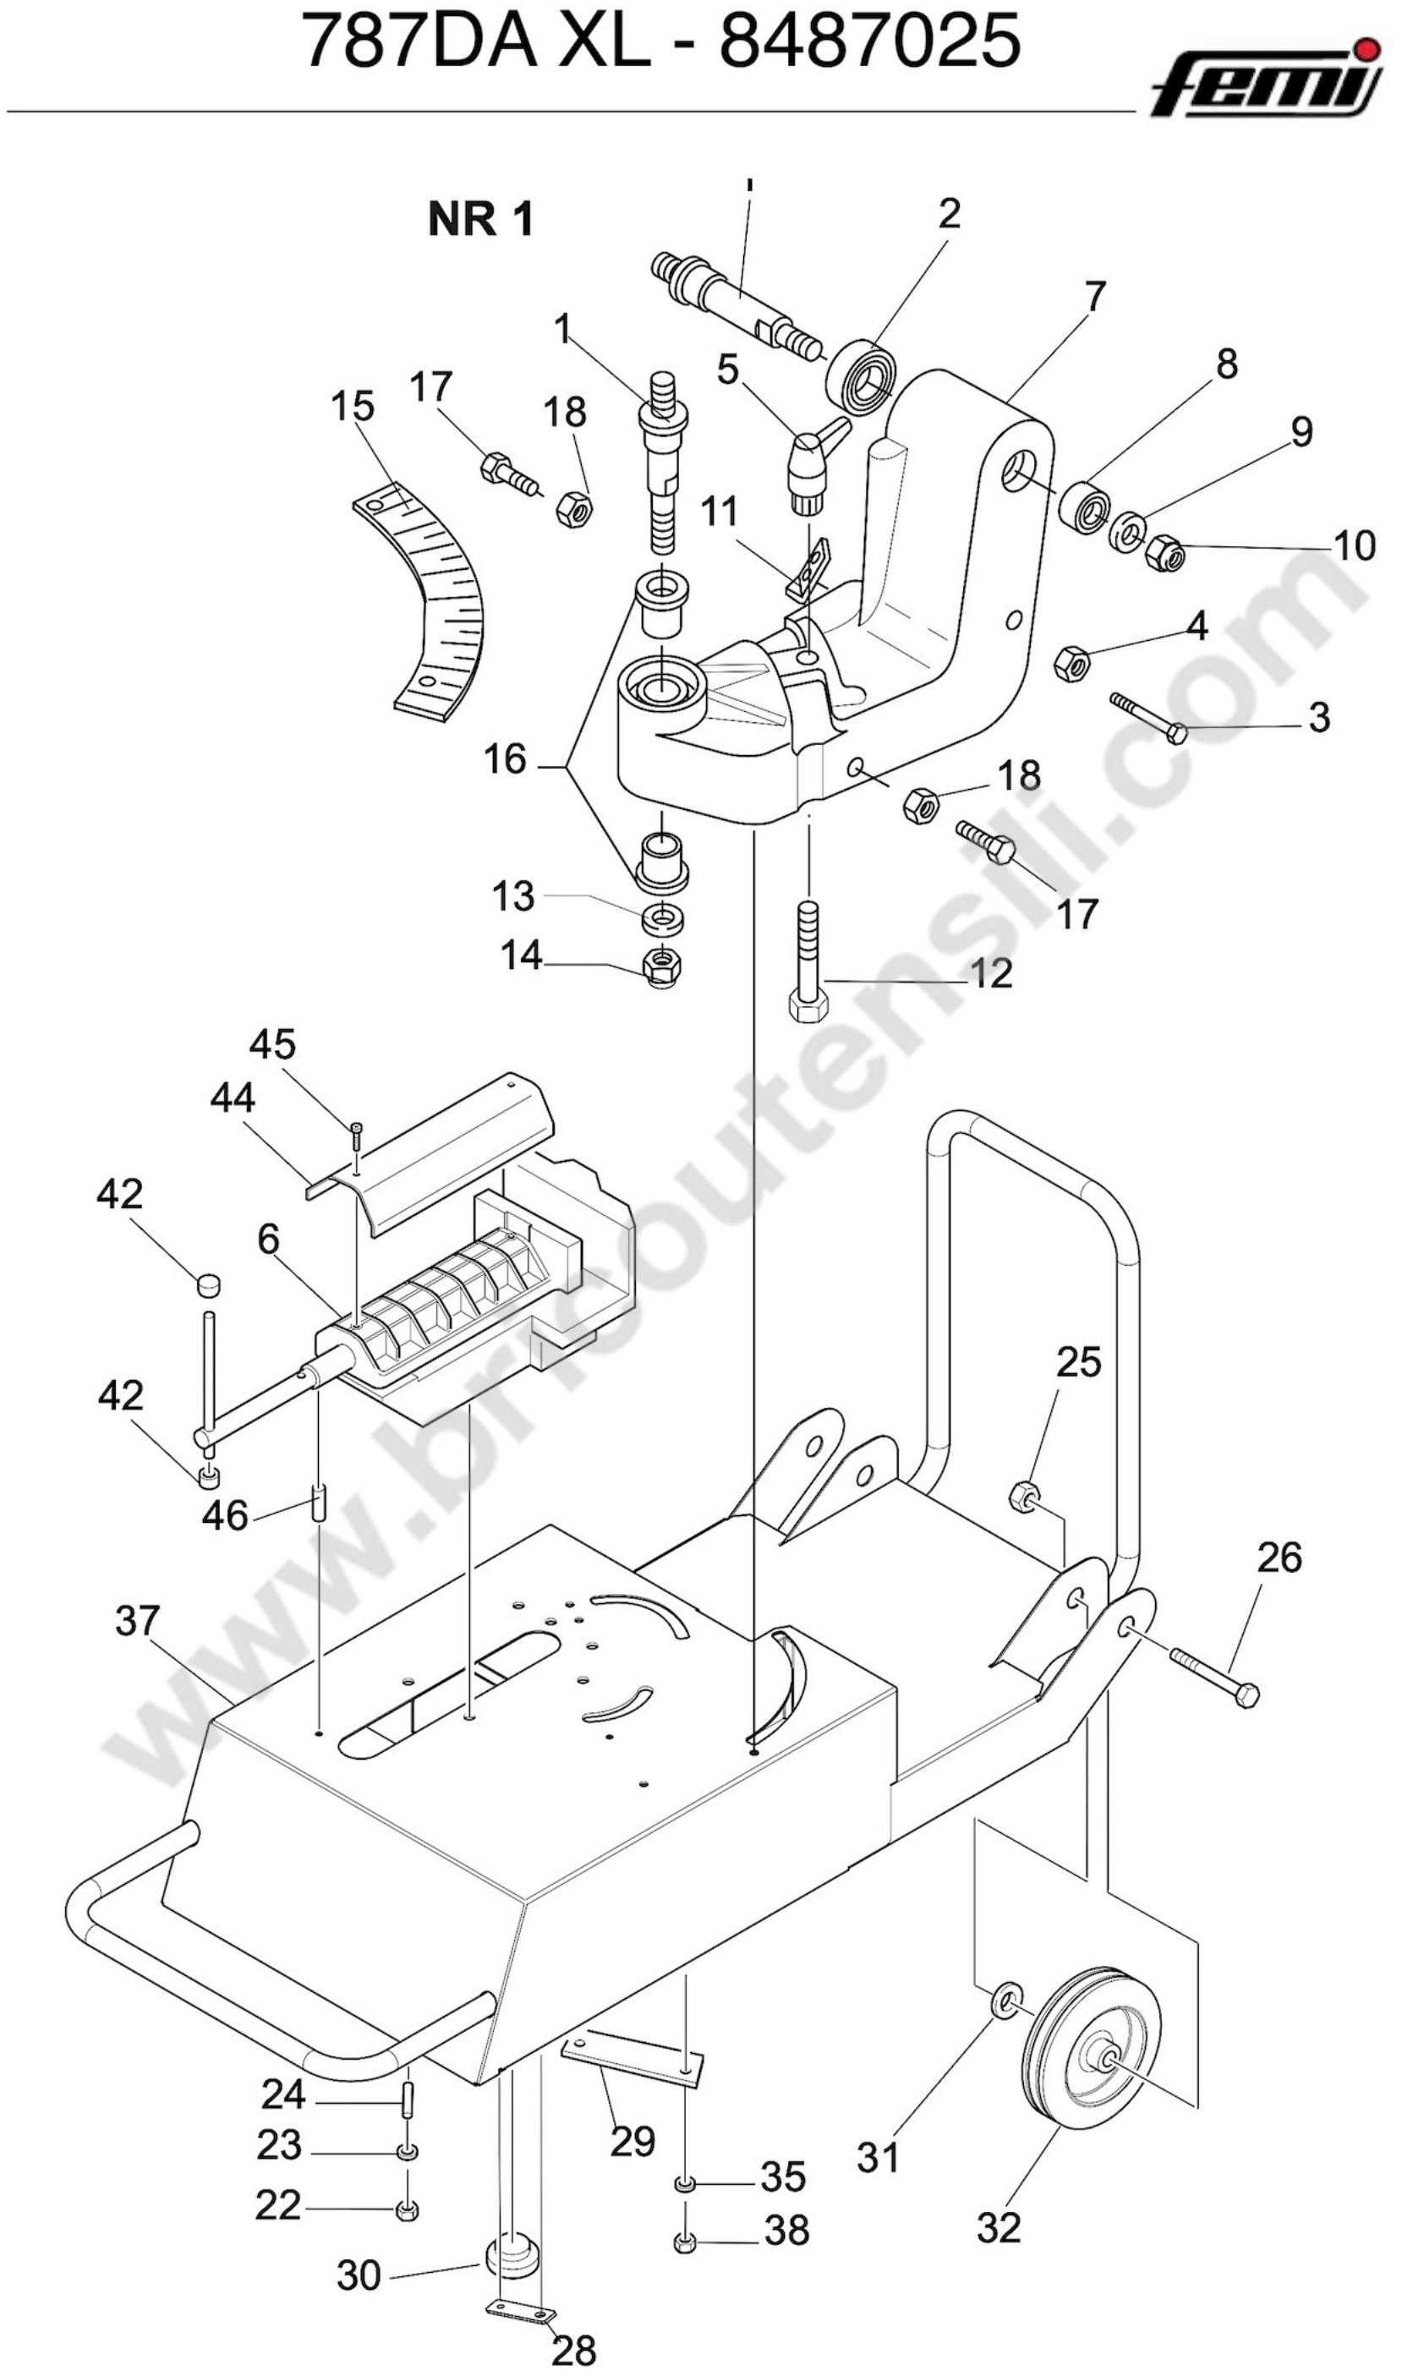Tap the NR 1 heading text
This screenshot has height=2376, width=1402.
pos(481,219)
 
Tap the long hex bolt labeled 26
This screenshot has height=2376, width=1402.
pos(1215,1678)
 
